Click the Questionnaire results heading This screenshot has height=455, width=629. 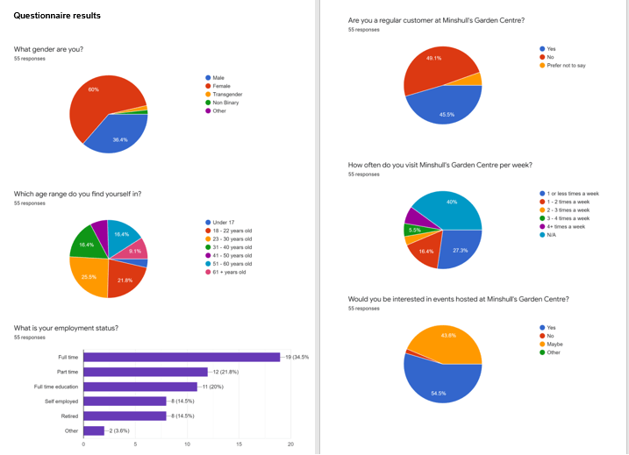[x=57, y=16]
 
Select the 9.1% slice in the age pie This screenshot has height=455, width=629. [x=134, y=250]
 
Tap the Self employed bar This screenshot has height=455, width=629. [x=125, y=401]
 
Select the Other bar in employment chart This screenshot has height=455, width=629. [x=93, y=430]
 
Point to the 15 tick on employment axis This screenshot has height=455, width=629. [x=239, y=444]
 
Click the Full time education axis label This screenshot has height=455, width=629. [x=55, y=387]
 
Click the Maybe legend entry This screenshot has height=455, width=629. [x=554, y=344]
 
